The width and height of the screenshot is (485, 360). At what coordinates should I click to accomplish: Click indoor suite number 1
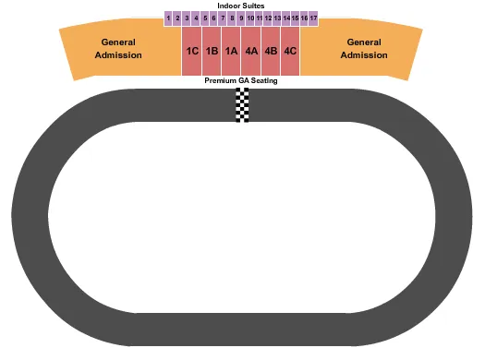(168, 18)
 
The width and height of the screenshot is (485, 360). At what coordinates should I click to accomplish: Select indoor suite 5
(204, 18)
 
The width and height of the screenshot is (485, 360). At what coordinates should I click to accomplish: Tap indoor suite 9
(240, 18)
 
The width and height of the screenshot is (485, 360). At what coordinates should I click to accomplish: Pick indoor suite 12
(268, 18)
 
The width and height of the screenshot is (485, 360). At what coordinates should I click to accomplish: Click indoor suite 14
(286, 18)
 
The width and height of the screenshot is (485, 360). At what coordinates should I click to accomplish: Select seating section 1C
(192, 52)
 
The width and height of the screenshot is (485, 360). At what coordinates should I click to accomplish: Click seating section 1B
(212, 52)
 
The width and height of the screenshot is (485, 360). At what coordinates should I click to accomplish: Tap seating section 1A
(231, 52)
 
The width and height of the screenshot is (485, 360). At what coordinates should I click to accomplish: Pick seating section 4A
(251, 52)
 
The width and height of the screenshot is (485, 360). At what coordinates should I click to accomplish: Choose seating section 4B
(271, 52)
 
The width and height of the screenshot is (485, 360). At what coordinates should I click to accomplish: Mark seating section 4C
(290, 52)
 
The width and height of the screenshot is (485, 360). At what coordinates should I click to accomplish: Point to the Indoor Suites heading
(241, 6)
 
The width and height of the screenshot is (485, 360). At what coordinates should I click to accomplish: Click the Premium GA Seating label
(241, 81)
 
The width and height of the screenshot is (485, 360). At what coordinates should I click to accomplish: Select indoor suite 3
(187, 18)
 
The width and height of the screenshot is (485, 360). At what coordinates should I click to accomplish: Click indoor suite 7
(223, 18)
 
